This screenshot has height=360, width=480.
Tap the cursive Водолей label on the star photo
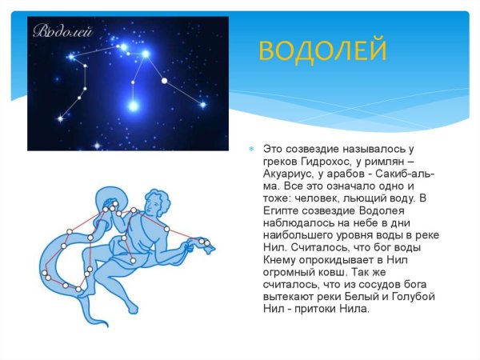pyautogui.click(x=63, y=33)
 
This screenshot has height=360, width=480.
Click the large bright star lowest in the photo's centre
pyautogui.click(x=134, y=105)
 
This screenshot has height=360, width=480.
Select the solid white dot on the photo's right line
pyautogui.click(x=165, y=80)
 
